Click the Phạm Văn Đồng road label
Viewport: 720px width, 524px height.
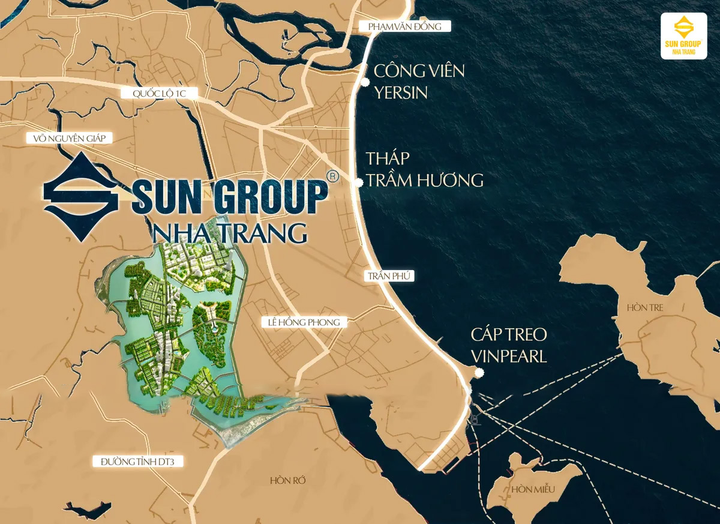pyautogui.click(x=404, y=26)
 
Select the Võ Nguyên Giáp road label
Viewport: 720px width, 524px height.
pyautogui.click(x=70, y=139)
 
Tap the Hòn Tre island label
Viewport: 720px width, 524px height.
pyautogui.click(x=645, y=307)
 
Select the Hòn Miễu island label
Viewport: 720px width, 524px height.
pyautogui.click(x=533, y=490)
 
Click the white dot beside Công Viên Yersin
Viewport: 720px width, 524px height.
pyautogui.click(x=363, y=82)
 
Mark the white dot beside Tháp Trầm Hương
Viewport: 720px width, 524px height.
pyautogui.click(x=359, y=182)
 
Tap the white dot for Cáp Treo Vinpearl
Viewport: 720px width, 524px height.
pyautogui.click(x=478, y=373)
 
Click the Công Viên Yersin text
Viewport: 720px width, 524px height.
pyautogui.click(x=418, y=82)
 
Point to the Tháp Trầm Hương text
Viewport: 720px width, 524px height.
pyautogui.click(x=424, y=169)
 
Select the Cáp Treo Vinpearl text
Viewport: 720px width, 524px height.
pyautogui.click(x=509, y=345)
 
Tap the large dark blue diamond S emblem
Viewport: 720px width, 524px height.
pyautogui.click(x=81, y=196)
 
